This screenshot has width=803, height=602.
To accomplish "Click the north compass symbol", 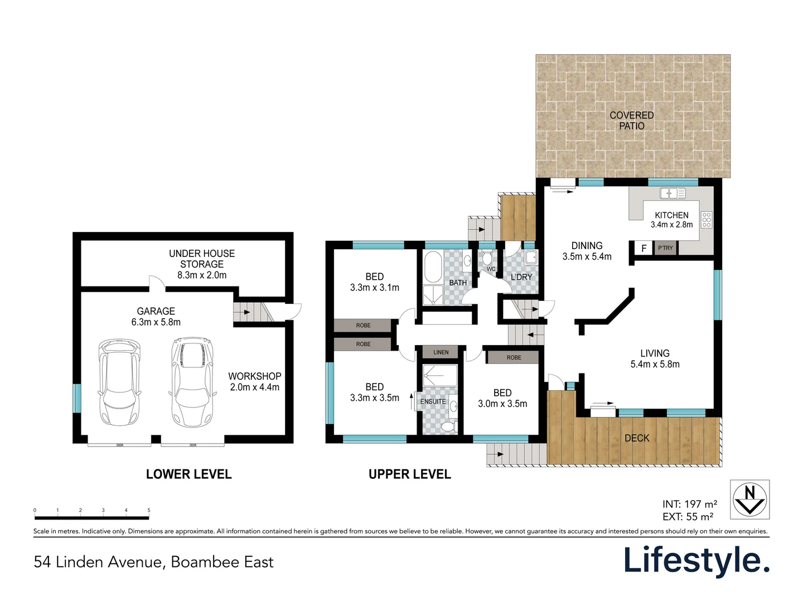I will point(749,499).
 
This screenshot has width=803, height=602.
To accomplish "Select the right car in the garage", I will point(192,382).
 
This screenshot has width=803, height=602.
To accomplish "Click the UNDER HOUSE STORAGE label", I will point(202,259).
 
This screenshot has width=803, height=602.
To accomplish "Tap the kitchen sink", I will point(673,193).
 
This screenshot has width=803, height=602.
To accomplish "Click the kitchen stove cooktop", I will point(707,220).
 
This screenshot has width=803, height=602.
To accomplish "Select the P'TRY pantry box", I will point(665,248).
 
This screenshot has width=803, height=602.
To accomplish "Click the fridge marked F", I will point(644,248).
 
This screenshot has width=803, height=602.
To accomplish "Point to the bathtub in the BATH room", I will point(433,267).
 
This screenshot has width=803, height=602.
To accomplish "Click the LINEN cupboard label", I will point(441,352).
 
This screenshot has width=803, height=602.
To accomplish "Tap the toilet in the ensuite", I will point(447,427).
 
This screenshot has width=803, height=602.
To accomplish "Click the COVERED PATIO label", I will point(632,120).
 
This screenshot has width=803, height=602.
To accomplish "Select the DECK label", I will point(637,438).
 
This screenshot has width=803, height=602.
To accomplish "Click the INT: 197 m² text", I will point(690,504).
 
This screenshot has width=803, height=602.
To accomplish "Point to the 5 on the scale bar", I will point(149,510).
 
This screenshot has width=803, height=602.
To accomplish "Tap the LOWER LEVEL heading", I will point(188,474).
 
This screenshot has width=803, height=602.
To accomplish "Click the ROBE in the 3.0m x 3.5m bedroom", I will point(514,357).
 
